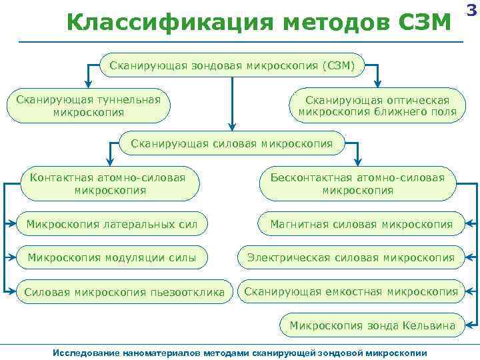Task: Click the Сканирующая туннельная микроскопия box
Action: coord(89,106)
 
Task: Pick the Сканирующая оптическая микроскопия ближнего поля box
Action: coord(377,106)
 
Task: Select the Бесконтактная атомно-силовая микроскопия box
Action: coord(357,183)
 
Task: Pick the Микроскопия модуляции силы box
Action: coord(111,257)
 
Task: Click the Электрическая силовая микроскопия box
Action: coord(351,257)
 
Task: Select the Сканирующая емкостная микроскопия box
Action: coord(351,291)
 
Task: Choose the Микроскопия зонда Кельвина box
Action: coord(372,326)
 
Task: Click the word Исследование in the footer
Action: coord(83,351)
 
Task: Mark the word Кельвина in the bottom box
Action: coord(429,326)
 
